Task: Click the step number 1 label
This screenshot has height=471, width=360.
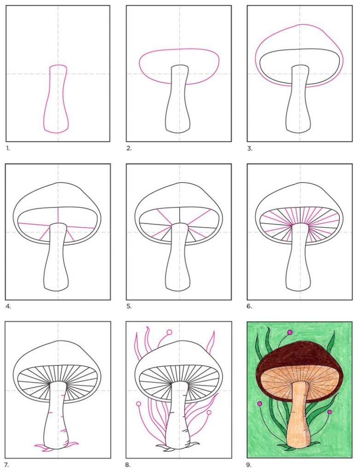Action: (8, 149)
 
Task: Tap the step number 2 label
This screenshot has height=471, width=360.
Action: (129, 149)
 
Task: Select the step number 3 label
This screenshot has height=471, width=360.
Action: (250, 149)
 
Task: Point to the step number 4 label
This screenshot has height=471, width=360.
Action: (8, 306)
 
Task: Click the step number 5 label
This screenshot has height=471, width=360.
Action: (129, 306)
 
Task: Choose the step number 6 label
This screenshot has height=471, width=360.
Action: (250, 306)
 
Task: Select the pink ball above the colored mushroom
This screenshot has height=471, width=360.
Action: (290, 332)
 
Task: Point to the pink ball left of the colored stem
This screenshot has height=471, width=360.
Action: (260, 403)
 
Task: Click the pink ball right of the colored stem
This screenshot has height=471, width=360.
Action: (330, 412)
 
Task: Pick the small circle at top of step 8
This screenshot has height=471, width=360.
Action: (169, 332)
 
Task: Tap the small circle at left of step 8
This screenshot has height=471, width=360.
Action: (139, 404)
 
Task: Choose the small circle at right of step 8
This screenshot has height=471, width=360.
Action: (209, 413)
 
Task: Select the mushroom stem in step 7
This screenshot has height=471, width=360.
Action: (57, 420)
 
